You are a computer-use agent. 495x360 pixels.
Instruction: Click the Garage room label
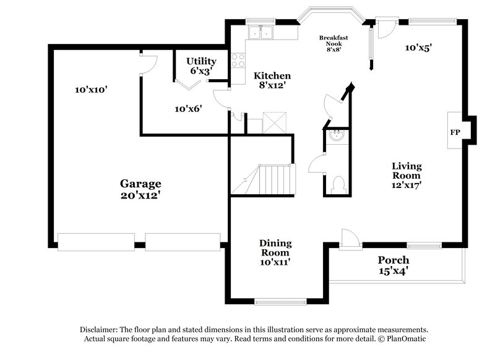pyautogui.click(x=140, y=189)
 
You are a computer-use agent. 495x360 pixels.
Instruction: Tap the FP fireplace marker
pyautogui.click(x=455, y=132)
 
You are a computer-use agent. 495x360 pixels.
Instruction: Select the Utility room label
pyautogui.click(x=201, y=66)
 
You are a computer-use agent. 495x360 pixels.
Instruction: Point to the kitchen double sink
pyautogui.click(x=260, y=33)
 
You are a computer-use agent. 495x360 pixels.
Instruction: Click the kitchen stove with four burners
pyautogui.click(x=238, y=60)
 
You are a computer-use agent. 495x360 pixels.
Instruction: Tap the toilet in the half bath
pyautogui.click(x=338, y=184)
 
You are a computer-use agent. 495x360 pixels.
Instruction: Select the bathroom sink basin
pyautogui.click(x=337, y=136)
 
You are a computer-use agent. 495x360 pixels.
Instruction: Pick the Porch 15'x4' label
pyautogui.click(x=394, y=265)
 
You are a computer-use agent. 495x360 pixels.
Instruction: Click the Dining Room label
pyautogui.click(x=275, y=252)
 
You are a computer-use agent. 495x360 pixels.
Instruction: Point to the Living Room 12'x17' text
pyautogui.click(x=407, y=174)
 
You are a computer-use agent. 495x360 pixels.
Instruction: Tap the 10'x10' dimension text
pyautogui.click(x=92, y=90)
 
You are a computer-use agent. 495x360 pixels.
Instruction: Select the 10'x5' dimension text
pyautogui.click(x=418, y=47)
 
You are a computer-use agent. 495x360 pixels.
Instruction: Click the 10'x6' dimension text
pyautogui.click(x=188, y=109)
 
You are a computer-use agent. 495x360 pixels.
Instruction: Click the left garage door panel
pyautogui.click(x=95, y=242)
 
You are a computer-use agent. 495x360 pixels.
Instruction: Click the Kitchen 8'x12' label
pyautogui.click(x=272, y=80)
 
